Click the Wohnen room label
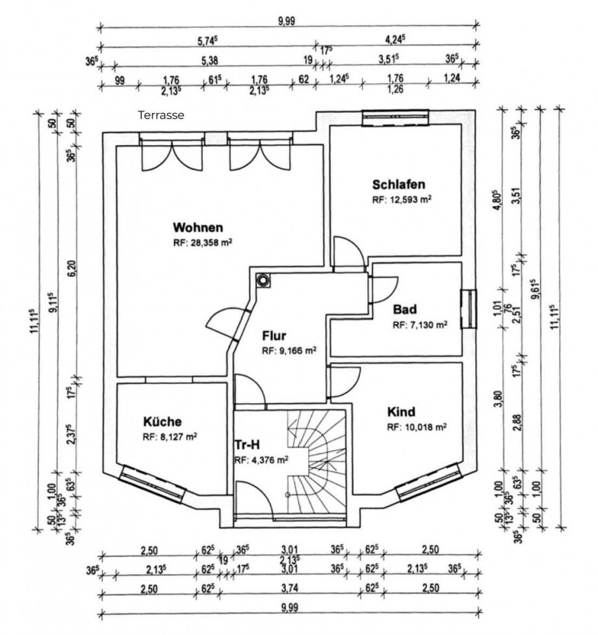click(x=198, y=227)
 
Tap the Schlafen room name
click(x=398, y=185)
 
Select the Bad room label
click(x=404, y=309)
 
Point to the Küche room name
click(x=162, y=422)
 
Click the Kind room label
click(x=401, y=412)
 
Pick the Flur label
click(x=274, y=336)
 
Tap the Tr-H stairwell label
click(x=247, y=445)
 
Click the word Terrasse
click(x=161, y=116)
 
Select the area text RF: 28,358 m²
click(x=202, y=243)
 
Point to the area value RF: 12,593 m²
click(x=402, y=200)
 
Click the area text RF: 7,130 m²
click(x=420, y=325)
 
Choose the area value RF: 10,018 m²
click(x=417, y=427)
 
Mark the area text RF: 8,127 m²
click(x=170, y=437)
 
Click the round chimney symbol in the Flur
click(x=263, y=280)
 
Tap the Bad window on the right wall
click(x=469, y=309)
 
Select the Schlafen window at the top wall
click(x=395, y=118)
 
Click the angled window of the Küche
click(x=152, y=484)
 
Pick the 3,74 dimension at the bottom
click(x=289, y=588)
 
